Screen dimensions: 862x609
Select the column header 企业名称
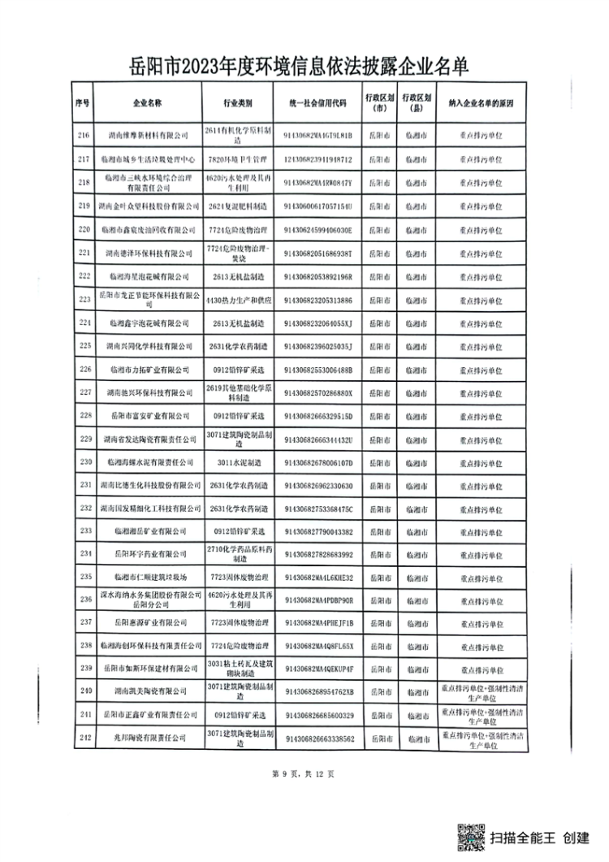click(x=147, y=104)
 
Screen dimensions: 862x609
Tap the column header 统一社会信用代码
click(x=317, y=104)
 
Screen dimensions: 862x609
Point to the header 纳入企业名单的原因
click(x=477, y=104)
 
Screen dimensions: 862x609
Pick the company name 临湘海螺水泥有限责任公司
click(x=147, y=462)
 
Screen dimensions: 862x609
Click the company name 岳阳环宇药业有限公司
click(x=147, y=554)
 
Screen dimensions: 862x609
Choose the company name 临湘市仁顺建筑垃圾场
click(x=147, y=577)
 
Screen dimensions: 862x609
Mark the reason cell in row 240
click(x=477, y=692)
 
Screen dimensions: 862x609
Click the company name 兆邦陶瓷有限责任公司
click(x=147, y=738)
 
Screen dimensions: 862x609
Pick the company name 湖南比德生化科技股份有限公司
click(x=147, y=485)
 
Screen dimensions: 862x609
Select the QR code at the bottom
click(x=470, y=836)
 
